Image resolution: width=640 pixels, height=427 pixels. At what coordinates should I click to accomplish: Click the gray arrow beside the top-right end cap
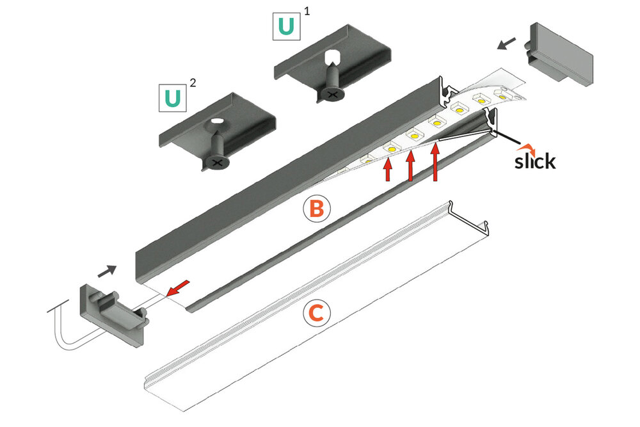(x=506, y=42)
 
